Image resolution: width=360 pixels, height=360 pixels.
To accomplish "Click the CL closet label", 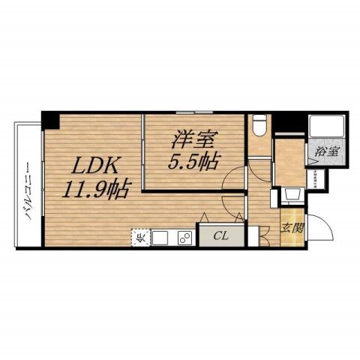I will tap(220, 236).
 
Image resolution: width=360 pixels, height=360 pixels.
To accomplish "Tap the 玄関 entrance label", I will tap(291, 228).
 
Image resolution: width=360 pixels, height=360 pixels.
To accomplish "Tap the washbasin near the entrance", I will tap(292, 196).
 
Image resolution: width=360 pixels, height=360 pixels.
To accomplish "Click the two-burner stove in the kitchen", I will tap(183, 238).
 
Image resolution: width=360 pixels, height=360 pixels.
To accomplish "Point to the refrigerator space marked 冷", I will tap(140, 238).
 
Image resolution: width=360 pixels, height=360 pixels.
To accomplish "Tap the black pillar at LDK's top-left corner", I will tap(49, 118).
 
